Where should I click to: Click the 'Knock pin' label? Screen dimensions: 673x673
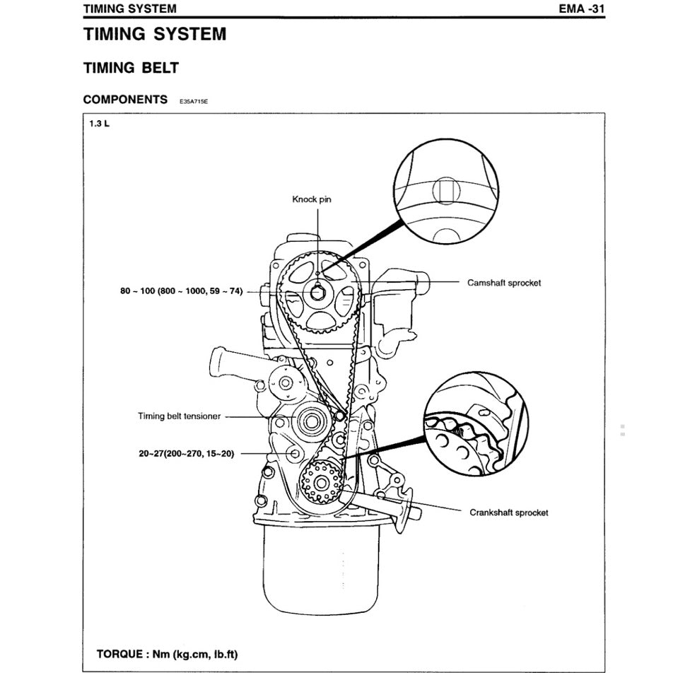311,199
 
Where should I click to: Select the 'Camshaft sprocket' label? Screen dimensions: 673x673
503,283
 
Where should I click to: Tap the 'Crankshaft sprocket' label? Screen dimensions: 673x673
508,512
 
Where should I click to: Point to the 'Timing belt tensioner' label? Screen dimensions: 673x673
179,416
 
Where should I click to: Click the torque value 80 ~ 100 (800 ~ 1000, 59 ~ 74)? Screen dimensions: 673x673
182,291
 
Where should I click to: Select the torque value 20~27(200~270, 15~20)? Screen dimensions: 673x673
186,453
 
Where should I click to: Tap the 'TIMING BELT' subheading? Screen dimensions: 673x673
131,68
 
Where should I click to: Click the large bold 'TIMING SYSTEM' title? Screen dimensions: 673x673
155,34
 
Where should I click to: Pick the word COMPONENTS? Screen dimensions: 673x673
125,100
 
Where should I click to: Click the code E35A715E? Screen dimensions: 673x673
194,102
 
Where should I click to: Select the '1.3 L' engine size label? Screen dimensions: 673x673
99,124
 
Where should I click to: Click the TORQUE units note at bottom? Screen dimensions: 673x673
167,653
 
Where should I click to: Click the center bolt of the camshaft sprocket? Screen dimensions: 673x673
317,291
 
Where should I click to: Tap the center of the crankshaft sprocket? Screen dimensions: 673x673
320,484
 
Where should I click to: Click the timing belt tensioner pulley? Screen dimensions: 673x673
308,423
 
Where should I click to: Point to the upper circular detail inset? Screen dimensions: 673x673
445,192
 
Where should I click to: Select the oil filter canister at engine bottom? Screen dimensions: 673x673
321,566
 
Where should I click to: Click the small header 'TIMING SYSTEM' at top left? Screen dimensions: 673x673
129,9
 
